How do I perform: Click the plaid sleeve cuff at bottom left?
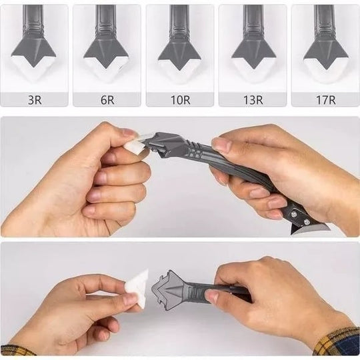[17, 349]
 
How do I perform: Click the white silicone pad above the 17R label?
[324, 69]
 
